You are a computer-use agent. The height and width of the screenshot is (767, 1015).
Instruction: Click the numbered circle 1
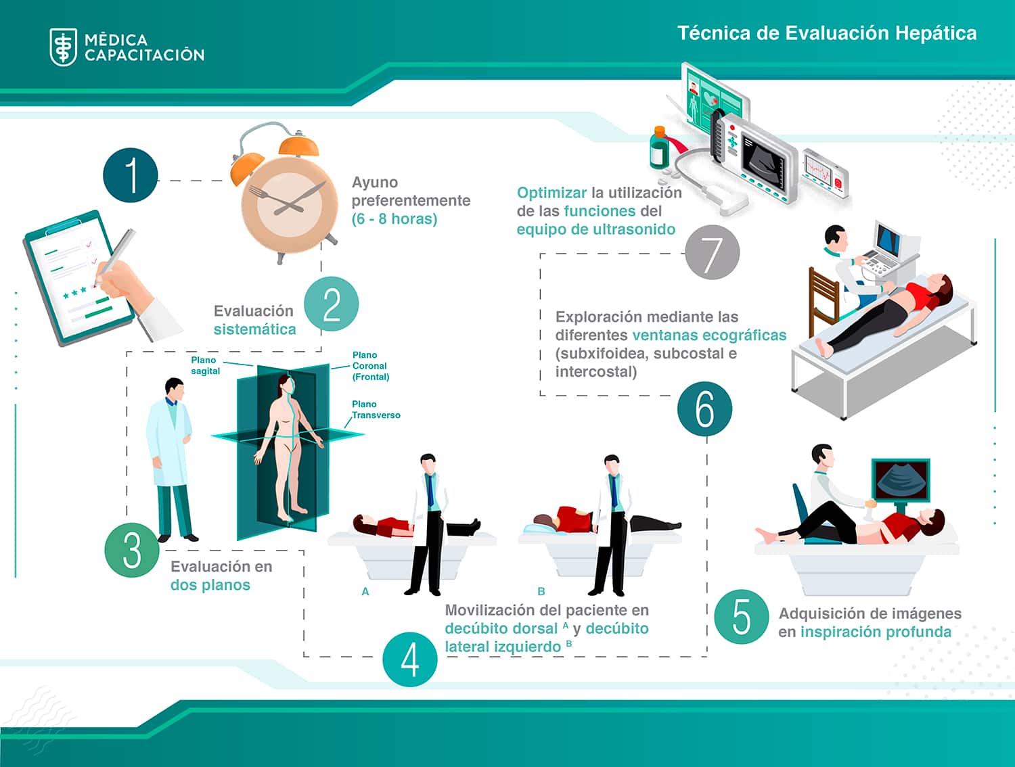(x=131, y=175)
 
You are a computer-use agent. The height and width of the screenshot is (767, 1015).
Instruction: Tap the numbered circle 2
(x=331, y=304)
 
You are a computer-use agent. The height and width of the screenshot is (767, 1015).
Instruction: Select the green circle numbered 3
(x=132, y=550)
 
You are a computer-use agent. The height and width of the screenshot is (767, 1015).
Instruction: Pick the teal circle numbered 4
(x=409, y=659)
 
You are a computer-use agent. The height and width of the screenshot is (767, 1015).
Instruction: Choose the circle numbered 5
(x=742, y=616)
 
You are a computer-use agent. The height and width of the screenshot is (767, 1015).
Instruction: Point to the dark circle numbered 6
(x=704, y=409)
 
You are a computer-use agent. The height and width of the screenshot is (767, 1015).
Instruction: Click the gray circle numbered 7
(x=712, y=253)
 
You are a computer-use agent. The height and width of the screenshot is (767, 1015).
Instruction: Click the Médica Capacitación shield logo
(x=64, y=47)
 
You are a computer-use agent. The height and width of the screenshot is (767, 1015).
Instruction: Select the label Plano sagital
(x=205, y=365)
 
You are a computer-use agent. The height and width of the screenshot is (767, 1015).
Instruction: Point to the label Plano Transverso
(x=376, y=410)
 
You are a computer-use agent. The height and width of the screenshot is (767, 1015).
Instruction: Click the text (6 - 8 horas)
(x=394, y=219)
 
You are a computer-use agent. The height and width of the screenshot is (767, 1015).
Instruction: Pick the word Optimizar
(x=551, y=193)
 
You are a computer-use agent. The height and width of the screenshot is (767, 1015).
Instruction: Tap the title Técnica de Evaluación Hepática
(x=827, y=33)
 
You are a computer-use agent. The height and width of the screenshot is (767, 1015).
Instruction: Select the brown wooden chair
(x=824, y=298)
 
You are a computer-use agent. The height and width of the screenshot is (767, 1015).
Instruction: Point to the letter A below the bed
(x=365, y=592)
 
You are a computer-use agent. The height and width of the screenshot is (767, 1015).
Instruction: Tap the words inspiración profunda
(x=876, y=632)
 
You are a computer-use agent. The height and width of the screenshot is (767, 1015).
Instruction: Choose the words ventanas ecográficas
(x=709, y=335)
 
